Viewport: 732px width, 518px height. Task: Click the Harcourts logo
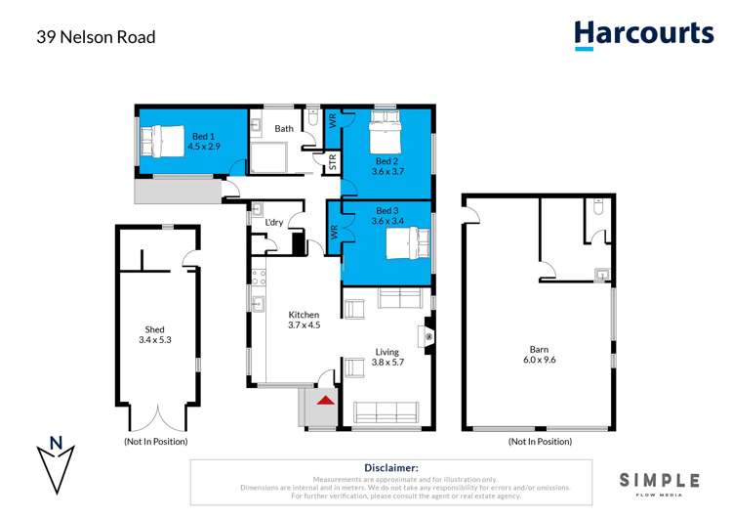644,35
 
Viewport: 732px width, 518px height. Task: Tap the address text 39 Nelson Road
96,38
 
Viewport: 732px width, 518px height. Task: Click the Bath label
284,128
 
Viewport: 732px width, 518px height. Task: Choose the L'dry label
274,223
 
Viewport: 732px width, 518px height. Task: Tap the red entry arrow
325,399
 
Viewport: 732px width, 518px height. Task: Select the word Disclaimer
390,469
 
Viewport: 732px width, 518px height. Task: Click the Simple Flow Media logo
660,482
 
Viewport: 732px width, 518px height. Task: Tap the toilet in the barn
599,208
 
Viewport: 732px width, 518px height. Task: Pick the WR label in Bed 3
335,234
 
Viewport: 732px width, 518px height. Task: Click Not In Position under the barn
539,442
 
